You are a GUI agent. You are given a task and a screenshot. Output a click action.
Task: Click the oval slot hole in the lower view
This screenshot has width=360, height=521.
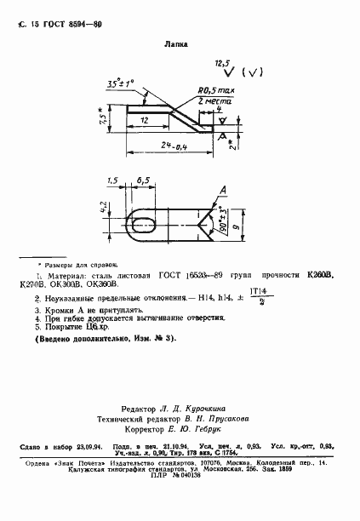pyautogui.click(x=141, y=226)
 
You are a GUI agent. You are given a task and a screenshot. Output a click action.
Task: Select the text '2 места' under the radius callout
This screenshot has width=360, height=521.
pyautogui.click(x=212, y=100)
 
